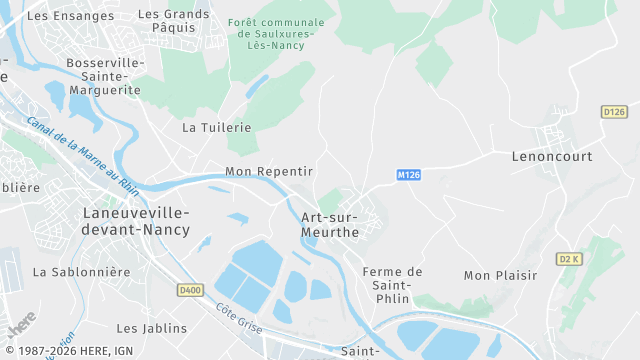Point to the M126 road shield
(x=408, y=175)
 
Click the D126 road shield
(x=614, y=112)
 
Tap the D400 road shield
(x=190, y=290)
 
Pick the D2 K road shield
(x=570, y=259)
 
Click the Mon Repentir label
(x=269, y=172)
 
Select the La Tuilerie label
(x=217, y=128)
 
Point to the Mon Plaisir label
(x=501, y=275)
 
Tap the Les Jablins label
(x=152, y=328)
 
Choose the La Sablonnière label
(x=82, y=272)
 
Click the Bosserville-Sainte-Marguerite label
(x=104, y=76)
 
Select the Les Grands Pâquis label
(x=174, y=22)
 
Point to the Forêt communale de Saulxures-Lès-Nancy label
(x=277, y=34)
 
